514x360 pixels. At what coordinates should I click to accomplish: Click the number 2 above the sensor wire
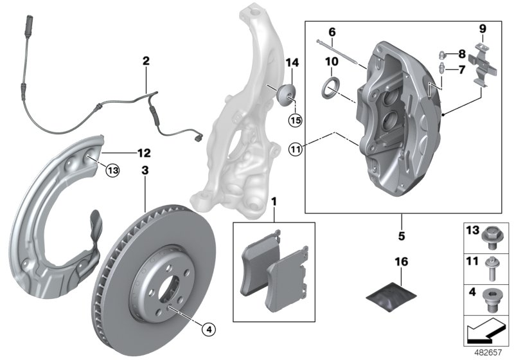click(146, 62)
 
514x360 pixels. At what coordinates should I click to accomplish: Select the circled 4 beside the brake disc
click(208, 328)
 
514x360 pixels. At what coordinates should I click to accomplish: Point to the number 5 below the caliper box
click(402, 236)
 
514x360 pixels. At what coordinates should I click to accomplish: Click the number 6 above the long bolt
click(332, 32)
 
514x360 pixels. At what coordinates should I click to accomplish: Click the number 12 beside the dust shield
click(145, 153)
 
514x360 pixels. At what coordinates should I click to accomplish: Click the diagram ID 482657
click(488, 352)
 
